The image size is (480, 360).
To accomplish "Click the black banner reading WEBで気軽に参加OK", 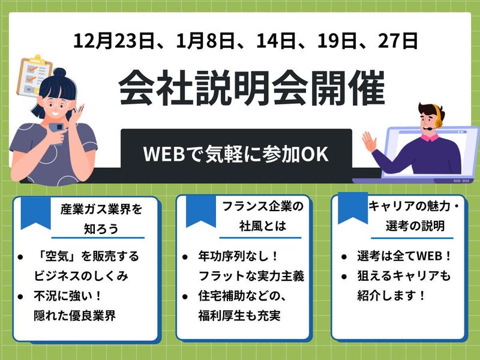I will [x=236, y=154].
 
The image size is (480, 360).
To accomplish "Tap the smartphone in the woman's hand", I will [x=57, y=128].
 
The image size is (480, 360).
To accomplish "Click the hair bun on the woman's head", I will [x=62, y=74].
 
